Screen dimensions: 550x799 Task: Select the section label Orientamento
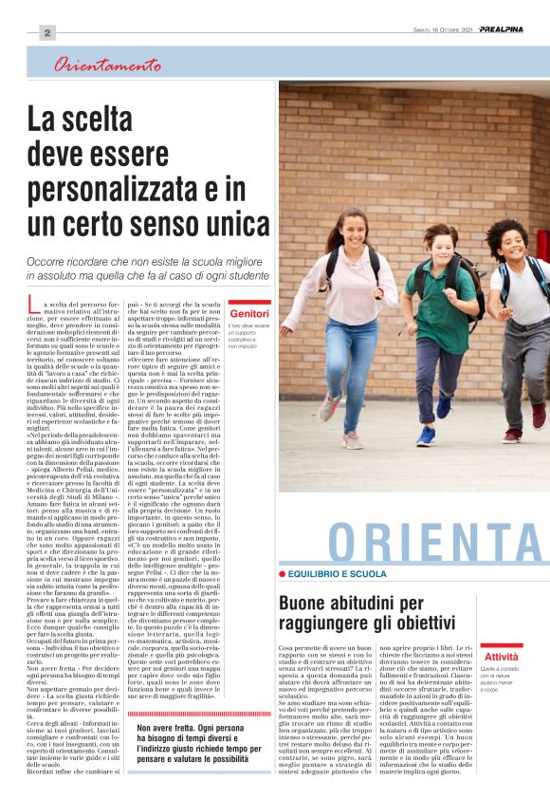(x=106, y=65)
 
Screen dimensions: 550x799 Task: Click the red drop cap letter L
(x=33, y=305)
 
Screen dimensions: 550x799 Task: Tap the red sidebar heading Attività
(x=501, y=657)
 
